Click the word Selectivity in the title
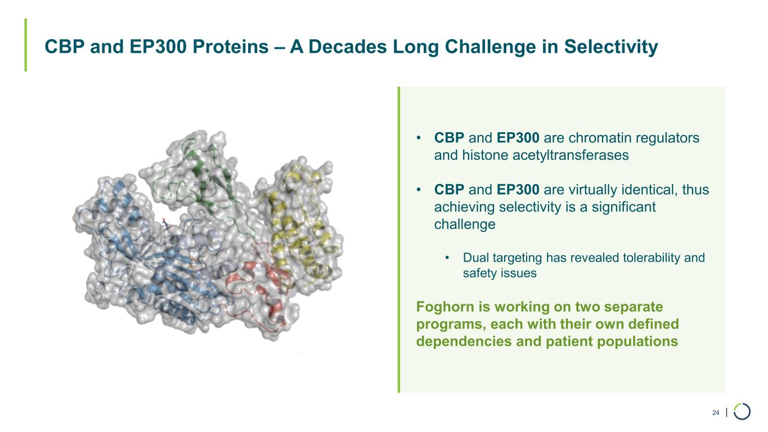611,47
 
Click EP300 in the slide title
158,47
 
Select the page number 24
716,412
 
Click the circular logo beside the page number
742,411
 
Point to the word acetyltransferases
571,155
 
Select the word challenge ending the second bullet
465,224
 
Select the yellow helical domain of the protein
298,229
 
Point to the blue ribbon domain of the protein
154,260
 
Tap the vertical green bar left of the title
26,45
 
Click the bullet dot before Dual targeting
447,258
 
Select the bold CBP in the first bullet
449,138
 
